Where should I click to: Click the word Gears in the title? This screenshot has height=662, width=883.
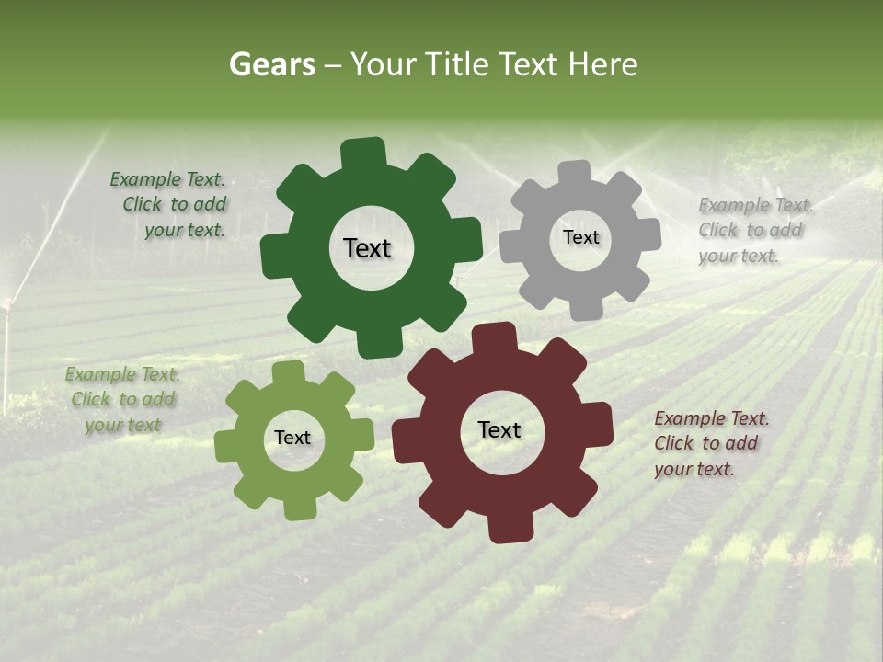coord(271,64)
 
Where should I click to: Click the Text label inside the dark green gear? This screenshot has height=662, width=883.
coord(367,248)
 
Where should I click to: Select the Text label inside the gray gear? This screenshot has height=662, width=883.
coord(580,237)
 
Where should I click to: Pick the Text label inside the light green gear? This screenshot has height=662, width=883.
coord(292,438)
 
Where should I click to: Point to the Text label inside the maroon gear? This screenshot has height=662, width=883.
coord(499,429)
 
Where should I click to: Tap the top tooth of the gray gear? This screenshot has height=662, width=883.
coord(574,174)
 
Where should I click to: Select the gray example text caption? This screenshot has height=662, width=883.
coord(754,230)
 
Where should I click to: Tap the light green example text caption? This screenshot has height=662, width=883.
coord(123,400)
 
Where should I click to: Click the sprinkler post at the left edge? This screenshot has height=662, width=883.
coord(7,349)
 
